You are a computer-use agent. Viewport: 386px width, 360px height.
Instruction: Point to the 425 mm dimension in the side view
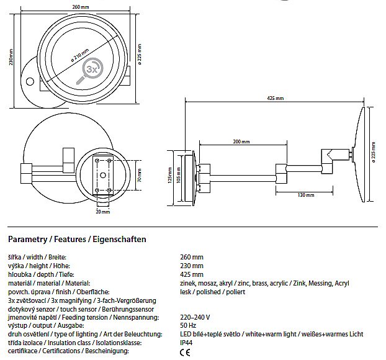276,98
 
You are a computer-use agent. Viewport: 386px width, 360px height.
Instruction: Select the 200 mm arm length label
241,142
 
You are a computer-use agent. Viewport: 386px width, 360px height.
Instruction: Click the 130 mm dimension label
305,195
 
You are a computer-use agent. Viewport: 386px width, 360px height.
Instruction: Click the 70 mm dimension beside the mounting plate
139,177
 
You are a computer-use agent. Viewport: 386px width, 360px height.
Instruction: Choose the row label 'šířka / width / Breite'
37,257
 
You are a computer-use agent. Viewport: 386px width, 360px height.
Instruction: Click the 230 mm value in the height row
192,266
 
